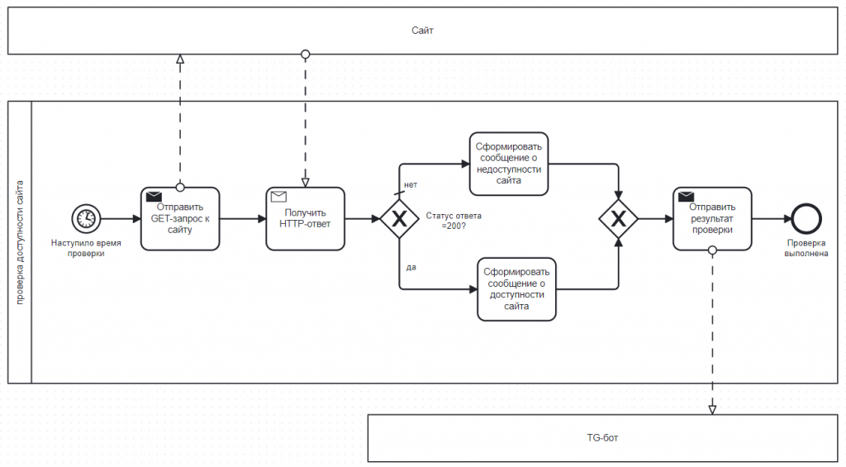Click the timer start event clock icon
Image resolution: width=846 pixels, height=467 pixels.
coord(86,219)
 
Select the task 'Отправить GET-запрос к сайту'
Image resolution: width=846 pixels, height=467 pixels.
coord(180,219)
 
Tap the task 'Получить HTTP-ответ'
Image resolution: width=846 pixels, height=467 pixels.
coord(306,219)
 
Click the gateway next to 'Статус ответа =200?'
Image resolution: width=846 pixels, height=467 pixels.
coord(399,219)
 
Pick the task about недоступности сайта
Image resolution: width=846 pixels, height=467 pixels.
coord(509,164)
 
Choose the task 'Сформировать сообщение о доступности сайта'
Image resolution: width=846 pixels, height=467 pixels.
coord(516,288)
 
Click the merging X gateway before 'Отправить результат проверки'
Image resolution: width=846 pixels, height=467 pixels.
coord(618,219)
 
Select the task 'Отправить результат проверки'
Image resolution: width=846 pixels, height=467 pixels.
coord(712,219)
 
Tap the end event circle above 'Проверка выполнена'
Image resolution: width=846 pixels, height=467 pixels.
coord(806,219)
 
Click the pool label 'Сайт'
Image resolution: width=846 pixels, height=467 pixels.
coord(422,31)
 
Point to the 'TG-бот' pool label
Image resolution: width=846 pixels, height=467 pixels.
coord(602,438)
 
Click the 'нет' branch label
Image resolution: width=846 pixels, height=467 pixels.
coord(411,184)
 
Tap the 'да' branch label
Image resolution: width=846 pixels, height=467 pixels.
coord(411,267)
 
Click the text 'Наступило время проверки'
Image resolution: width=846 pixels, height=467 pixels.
coord(86,248)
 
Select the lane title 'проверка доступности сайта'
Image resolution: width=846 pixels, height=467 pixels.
coord(20,242)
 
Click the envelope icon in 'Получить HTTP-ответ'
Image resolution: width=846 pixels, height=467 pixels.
coord(278,196)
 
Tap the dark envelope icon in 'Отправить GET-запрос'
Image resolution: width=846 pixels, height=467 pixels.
coord(154,196)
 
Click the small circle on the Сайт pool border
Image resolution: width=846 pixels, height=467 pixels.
coord(306,54)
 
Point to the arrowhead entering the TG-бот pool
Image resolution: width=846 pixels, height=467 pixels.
coord(712,410)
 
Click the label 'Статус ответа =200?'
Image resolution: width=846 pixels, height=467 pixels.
coord(454,221)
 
